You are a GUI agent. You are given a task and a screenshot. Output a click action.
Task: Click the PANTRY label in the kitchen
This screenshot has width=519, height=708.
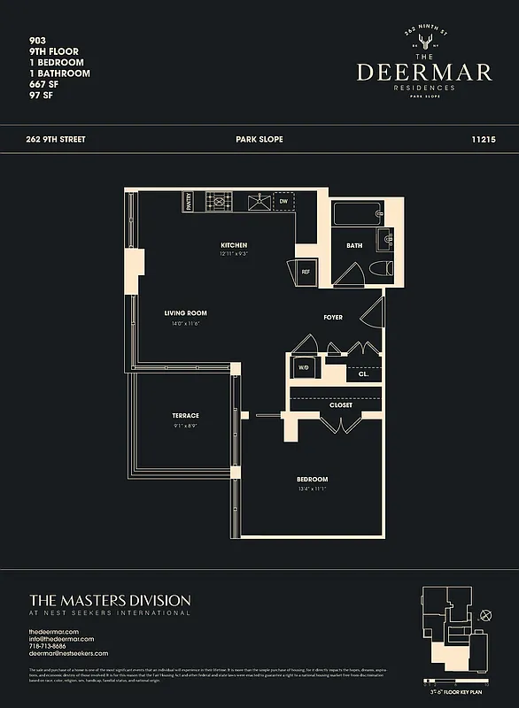(x=189, y=202)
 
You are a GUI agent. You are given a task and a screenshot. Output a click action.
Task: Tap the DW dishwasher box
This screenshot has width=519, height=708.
(x=283, y=202)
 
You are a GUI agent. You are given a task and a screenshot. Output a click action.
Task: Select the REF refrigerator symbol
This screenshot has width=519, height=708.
(x=306, y=273)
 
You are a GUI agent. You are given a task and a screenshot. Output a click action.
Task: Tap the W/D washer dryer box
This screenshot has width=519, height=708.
(x=303, y=367)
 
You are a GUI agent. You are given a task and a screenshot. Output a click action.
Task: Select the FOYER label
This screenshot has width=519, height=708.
(x=333, y=317)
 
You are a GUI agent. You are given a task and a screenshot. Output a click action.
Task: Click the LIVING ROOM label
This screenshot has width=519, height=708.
(x=185, y=313)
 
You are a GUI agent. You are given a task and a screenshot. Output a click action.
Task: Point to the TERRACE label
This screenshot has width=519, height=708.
(x=185, y=415)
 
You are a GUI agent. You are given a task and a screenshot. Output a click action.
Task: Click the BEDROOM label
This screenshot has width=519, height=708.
(x=313, y=480)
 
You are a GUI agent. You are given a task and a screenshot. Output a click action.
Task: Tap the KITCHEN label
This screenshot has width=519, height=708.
(x=234, y=245)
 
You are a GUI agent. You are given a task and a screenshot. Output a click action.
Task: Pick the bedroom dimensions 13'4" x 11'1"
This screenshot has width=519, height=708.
(x=313, y=489)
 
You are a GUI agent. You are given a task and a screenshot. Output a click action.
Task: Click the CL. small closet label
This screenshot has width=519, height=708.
(x=363, y=374)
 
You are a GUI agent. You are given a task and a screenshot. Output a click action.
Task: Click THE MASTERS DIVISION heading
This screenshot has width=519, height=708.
(x=110, y=600)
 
